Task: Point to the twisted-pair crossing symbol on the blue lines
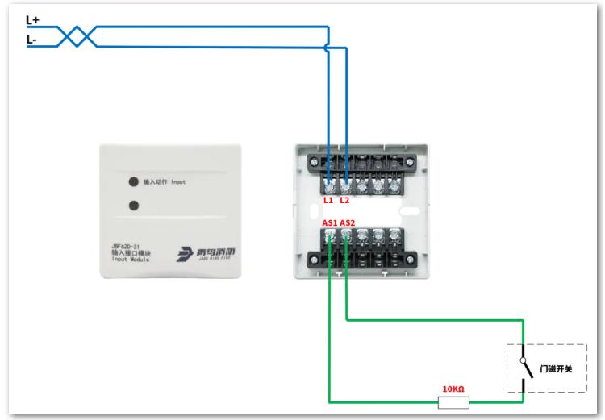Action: coord(79,35)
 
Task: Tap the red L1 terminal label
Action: coord(328,199)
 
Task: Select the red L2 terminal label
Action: coord(346,199)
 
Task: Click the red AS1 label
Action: coord(329,222)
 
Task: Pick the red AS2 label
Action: coord(348,222)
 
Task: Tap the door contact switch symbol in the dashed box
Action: coord(525,370)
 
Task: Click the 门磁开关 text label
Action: coord(556,369)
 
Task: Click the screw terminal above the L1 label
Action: coord(329,183)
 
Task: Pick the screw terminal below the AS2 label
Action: coord(347,237)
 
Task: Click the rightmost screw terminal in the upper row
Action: coord(394,183)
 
